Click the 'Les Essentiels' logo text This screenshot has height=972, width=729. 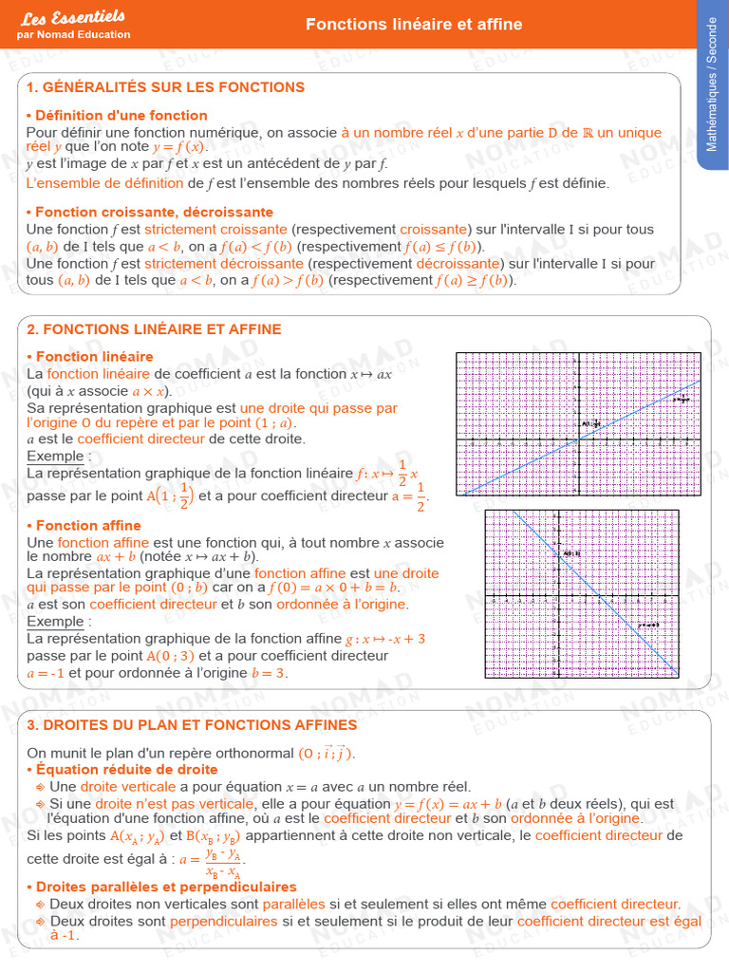(72, 17)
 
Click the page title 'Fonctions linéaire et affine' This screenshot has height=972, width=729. (414, 25)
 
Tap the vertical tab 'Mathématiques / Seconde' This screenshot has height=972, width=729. (712, 95)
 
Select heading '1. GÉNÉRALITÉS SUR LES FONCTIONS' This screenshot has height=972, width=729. (165, 87)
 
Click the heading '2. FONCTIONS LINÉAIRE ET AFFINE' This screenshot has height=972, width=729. (154, 329)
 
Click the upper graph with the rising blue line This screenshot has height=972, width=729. (578, 423)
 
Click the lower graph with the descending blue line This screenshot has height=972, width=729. (582, 594)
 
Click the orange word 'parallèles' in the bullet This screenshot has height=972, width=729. (293, 905)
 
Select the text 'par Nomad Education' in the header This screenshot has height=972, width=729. (73, 35)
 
